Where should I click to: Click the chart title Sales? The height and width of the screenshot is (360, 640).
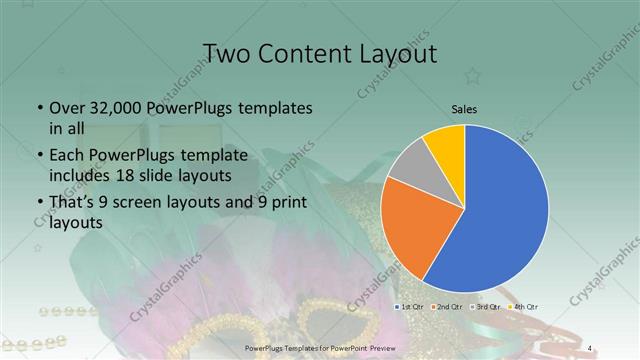tap(464, 108)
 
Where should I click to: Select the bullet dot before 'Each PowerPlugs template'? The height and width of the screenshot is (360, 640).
tap(38, 155)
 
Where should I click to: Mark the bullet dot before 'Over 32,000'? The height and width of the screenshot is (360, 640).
tap(38, 109)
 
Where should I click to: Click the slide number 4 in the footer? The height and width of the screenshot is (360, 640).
tap(591, 347)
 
